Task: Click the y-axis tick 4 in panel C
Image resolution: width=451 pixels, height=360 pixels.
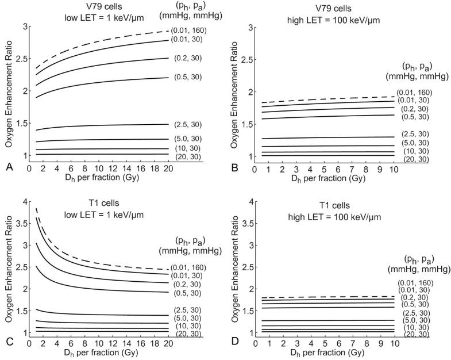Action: [x=24, y=201]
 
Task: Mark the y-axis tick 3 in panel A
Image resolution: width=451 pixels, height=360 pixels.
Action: [x=24, y=26]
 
